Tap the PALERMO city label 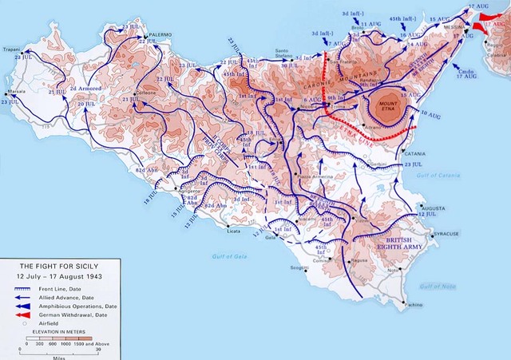tap(160, 37)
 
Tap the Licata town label tap(233, 231)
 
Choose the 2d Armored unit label tap(85, 88)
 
